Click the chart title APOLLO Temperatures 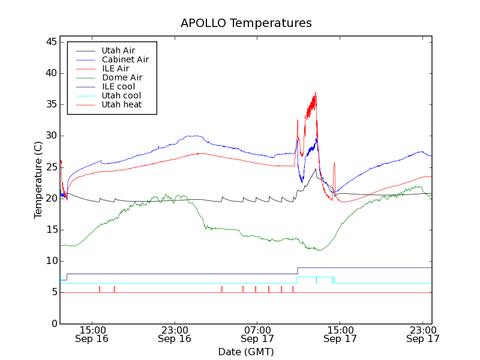click(246, 23)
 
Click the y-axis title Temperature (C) click(38, 180)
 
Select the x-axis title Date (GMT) click(246, 352)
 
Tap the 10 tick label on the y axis click(51, 261)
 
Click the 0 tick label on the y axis click(54, 323)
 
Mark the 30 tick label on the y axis click(51, 136)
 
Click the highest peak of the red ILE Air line click(316, 92)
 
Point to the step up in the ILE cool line click(298, 271)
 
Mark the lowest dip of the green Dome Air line click(319, 250)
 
